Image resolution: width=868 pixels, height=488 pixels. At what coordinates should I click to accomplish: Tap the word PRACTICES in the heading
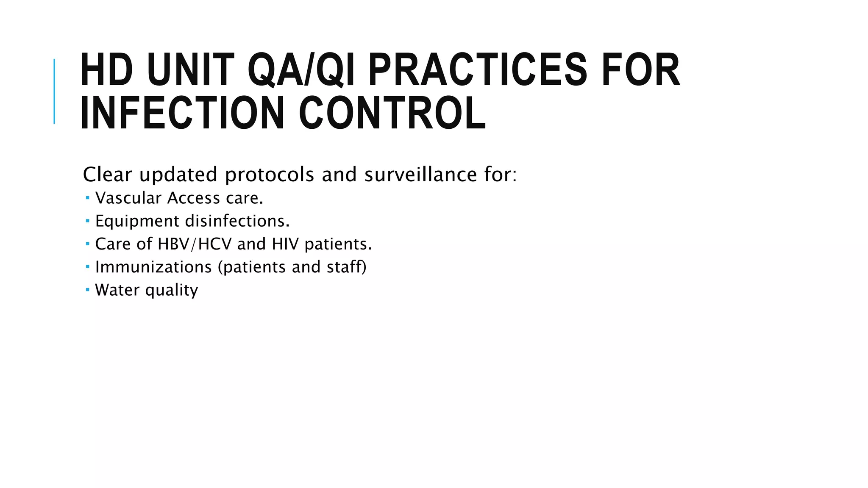477,70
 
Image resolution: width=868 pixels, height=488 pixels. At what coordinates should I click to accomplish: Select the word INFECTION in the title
182,113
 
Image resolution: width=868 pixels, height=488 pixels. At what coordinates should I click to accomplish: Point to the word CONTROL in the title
392,113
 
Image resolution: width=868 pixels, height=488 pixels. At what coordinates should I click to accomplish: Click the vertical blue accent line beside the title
54,91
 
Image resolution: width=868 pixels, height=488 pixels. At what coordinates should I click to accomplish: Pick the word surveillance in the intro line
420,175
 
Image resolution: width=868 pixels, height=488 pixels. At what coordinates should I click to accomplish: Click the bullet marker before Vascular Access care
87,198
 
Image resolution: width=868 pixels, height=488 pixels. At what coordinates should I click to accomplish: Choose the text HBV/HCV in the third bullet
195,244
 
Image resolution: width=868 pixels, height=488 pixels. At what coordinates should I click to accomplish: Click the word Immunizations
153,267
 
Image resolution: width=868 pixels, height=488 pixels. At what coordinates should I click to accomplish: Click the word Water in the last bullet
117,290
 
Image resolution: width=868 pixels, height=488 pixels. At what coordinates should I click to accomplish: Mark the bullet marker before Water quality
87,290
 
